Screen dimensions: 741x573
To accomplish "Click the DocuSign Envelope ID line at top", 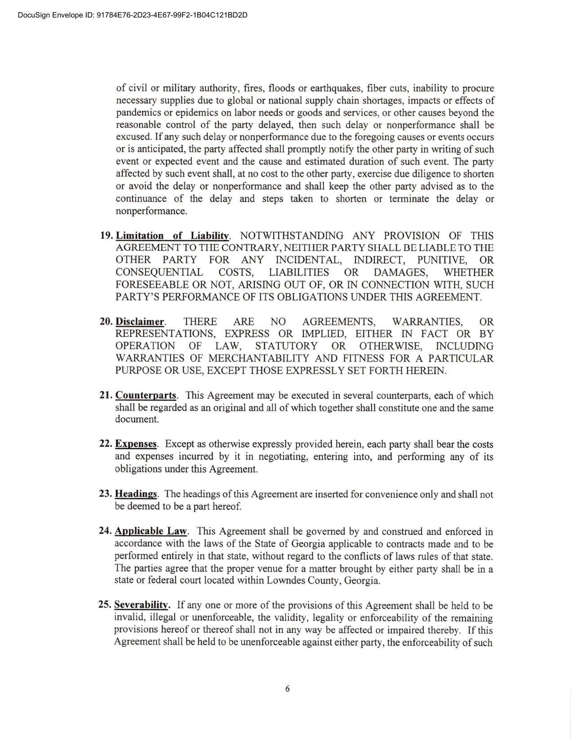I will coord(133,15).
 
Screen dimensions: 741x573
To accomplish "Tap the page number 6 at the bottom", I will coord(287,689).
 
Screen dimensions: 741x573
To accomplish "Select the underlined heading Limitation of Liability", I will coord(173,236).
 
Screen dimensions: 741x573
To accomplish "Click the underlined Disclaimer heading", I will coord(140,322).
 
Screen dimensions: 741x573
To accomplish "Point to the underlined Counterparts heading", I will coord(146,395).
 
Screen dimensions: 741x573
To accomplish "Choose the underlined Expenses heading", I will coord(136,444).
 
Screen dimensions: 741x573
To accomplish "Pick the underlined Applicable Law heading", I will coord(151,531).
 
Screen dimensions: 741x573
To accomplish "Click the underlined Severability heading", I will coord(142,604).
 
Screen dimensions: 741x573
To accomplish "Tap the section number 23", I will coord(105,494).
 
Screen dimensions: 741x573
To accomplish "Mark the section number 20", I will coord(106,322).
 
